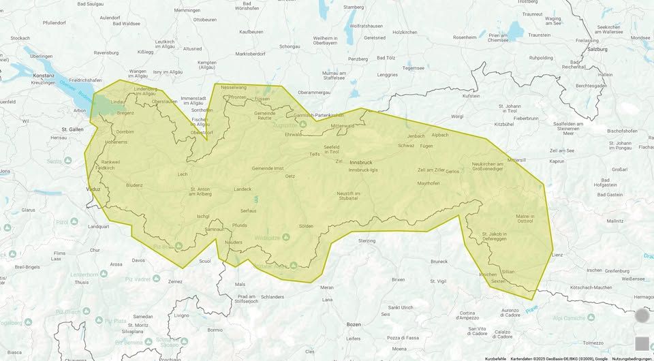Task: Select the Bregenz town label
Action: coord(126,112)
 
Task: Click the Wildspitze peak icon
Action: coord(286,237)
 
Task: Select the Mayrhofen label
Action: coord(428,183)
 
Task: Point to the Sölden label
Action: coord(306,225)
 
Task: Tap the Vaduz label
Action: coord(93,187)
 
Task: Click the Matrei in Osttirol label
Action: coord(525,219)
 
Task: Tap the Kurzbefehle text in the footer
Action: coord(495,358)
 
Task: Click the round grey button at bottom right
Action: coord(642,315)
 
